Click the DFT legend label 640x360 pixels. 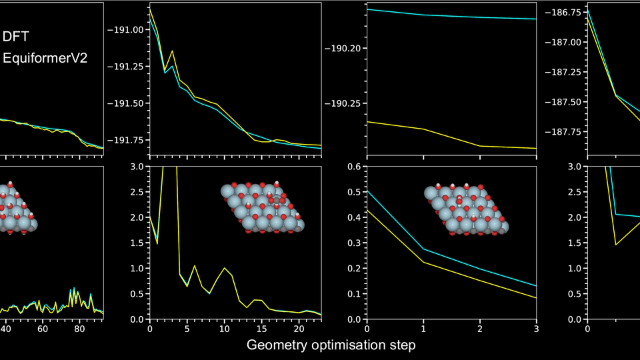tap(15, 37)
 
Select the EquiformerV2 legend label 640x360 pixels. tap(45, 59)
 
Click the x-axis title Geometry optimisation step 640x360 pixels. tap(331, 345)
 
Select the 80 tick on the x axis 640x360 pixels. tap(79, 329)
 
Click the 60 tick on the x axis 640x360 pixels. tap(42, 329)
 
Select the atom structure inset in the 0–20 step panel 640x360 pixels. tap(262, 206)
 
